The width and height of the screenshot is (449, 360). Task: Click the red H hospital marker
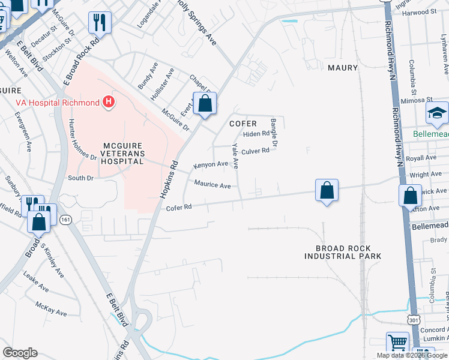click(109, 103)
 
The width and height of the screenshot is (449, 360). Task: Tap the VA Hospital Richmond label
click(57, 103)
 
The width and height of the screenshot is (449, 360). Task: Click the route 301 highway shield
click(413, 321)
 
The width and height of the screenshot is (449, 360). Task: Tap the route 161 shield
click(65, 220)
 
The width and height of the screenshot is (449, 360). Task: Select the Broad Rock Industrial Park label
click(342, 252)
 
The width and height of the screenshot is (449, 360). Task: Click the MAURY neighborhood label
click(343, 68)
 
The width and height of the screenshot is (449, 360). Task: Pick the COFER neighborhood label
click(244, 124)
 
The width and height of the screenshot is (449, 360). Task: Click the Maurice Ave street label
click(212, 185)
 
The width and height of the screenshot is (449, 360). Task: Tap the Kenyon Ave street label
click(210, 164)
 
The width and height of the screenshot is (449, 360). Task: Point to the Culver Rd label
click(255, 151)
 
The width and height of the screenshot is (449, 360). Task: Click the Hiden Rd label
click(256, 134)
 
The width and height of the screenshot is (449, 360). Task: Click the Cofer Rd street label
click(178, 208)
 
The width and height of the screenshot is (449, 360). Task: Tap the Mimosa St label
click(420, 99)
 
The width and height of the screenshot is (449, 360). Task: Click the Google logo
click(20, 353)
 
